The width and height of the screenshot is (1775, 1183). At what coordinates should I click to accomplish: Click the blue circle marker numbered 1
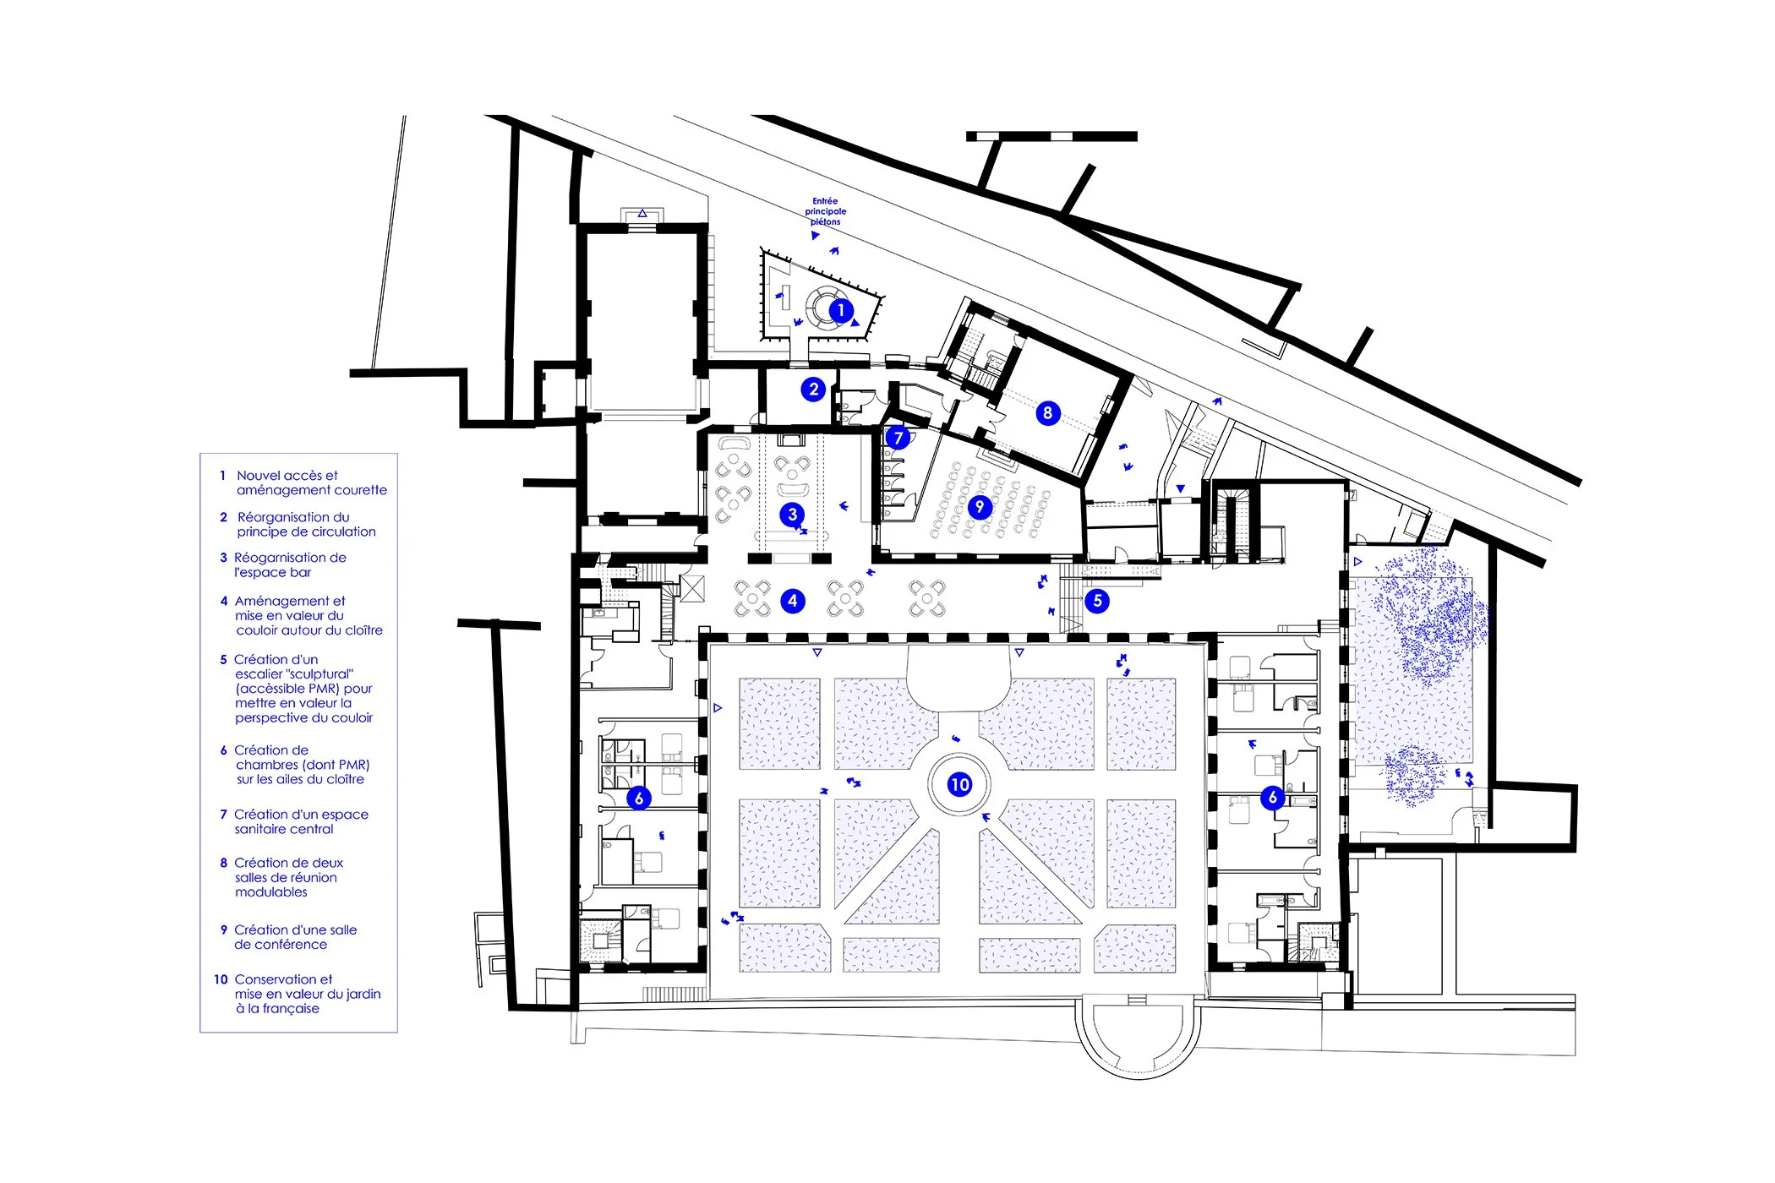tap(840, 310)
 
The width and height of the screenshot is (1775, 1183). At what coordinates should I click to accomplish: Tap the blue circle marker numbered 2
tap(813, 389)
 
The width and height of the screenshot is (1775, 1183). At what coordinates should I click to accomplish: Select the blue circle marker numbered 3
tap(792, 514)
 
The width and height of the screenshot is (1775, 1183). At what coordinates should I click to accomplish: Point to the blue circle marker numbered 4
tap(792, 601)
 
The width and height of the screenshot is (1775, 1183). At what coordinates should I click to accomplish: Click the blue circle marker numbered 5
tap(1097, 601)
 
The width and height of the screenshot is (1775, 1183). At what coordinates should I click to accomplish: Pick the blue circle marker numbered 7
tap(898, 437)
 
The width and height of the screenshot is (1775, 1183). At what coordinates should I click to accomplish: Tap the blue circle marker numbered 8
tap(1047, 413)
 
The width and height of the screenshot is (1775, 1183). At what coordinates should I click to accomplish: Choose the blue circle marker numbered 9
tap(980, 506)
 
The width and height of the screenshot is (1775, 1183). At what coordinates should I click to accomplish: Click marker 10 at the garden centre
tap(959, 784)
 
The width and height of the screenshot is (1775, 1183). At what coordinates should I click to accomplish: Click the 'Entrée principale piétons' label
tap(825, 211)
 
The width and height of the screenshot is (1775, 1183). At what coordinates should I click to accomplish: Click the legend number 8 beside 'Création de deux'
tap(223, 863)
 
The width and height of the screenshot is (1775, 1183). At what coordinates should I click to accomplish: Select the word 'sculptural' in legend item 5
tap(295, 674)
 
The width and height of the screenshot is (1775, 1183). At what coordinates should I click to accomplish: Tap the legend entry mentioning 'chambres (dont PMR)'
tap(302, 765)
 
